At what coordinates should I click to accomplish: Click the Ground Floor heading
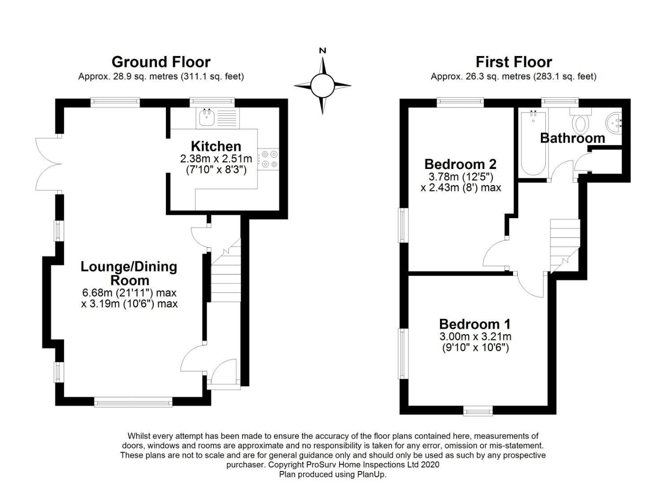tap(161, 62)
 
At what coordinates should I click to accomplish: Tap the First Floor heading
tap(514, 62)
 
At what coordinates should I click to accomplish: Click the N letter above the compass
tap(322, 51)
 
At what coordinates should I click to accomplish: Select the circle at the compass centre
tap(322, 86)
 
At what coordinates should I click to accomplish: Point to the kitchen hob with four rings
tap(269, 159)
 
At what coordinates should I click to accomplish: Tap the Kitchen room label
tap(216, 147)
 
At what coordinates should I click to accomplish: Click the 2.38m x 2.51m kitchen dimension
tap(216, 159)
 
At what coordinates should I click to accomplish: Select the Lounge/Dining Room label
tap(129, 274)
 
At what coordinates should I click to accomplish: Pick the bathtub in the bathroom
tap(534, 143)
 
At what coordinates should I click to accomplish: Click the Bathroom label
tap(573, 138)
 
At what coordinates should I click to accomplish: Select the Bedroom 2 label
tap(461, 164)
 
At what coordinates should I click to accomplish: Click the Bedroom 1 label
tap(475, 324)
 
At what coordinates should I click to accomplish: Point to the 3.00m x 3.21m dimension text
tap(475, 337)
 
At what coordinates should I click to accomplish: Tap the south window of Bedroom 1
tap(478, 411)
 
